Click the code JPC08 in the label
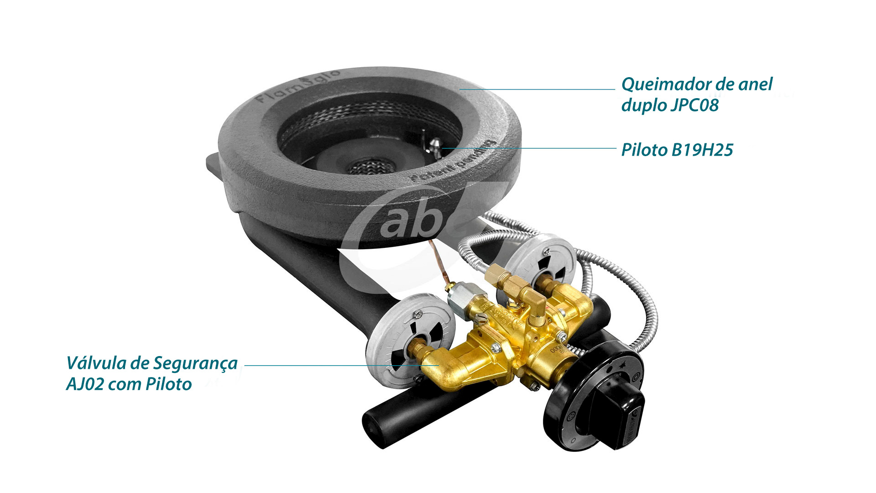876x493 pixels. point(694,105)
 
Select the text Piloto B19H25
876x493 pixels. point(677,150)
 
